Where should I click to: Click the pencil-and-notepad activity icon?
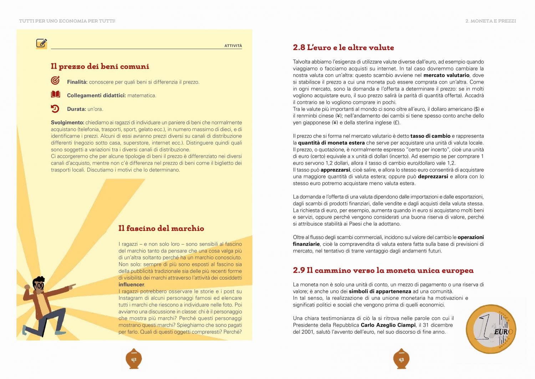click(41, 44)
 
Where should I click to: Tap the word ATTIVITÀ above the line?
click(233, 46)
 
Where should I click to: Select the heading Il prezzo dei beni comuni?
click(100, 66)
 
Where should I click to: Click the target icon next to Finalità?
click(55, 81)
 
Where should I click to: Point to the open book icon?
click(55, 95)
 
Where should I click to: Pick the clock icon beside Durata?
click(55, 109)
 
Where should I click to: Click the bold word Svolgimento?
click(67, 123)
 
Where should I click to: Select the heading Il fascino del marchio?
click(161, 229)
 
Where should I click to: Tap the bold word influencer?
click(131, 285)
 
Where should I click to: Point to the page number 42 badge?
click(134, 359)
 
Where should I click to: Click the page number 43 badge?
click(401, 359)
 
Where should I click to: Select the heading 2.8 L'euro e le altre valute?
click(343, 48)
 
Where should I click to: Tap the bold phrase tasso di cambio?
click(430, 136)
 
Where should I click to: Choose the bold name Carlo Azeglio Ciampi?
click(388, 325)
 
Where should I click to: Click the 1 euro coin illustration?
click(491, 329)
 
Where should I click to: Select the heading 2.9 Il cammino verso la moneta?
click(383, 270)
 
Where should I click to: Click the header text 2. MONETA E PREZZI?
click(490, 21)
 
